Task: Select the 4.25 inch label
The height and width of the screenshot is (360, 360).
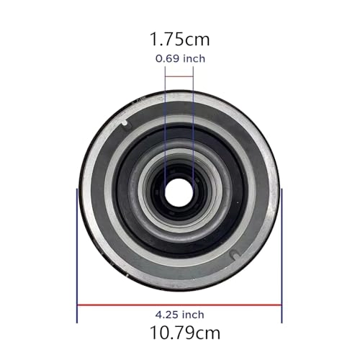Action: (x=179, y=315)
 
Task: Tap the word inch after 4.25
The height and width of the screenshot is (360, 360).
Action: (x=192, y=315)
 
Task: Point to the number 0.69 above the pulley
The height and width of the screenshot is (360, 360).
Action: (x=166, y=59)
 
